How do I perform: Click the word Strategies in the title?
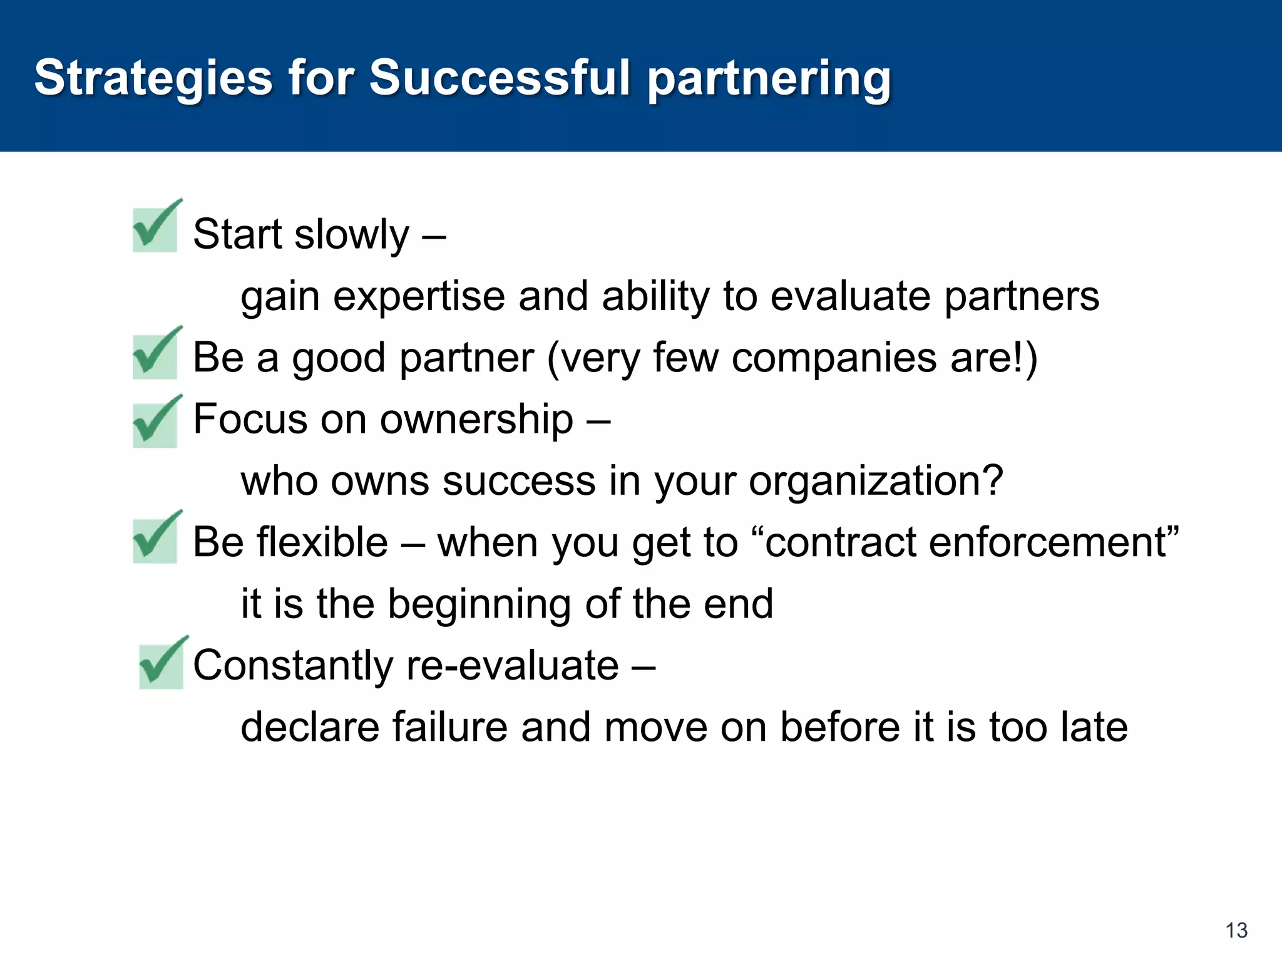(x=153, y=78)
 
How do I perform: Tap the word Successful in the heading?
(x=500, y=78)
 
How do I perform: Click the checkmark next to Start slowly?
(x=156, y=227)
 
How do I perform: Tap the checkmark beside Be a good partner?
(x=156, y=354)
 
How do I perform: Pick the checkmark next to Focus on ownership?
(x=156, y=422)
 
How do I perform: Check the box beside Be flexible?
(x=156, y=538)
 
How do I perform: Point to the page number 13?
(x=1236, y=930)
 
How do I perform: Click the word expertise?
(x=419, y=297)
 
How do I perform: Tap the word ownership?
(x=476, y=419)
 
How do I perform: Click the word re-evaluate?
(x=512, y=665)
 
